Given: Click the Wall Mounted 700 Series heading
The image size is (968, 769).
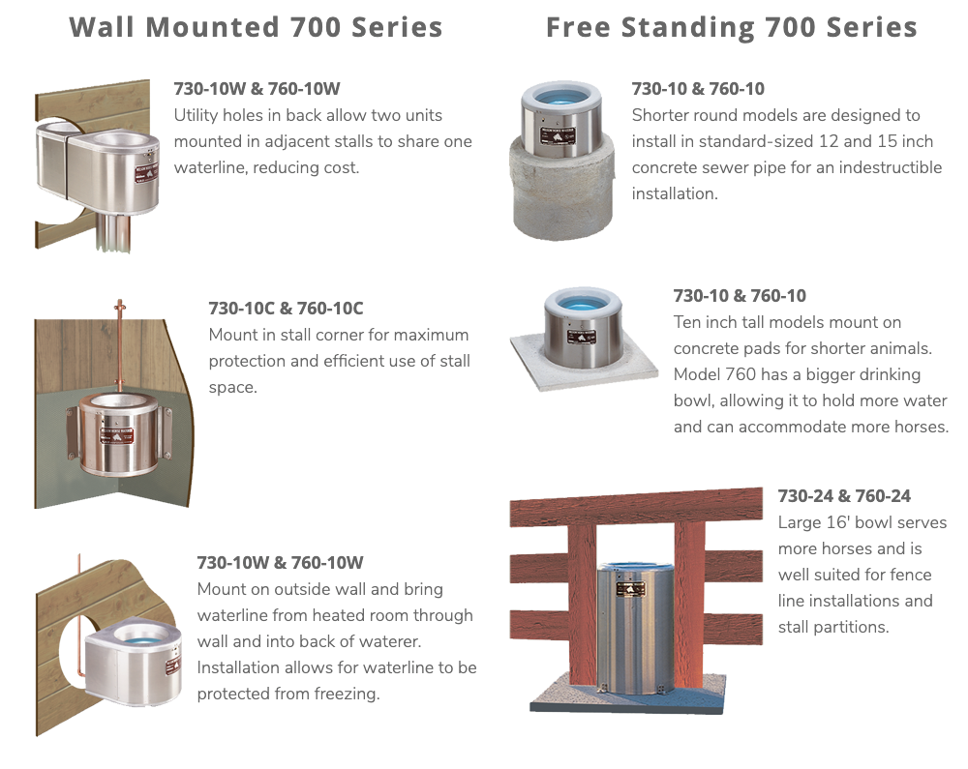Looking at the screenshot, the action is click(x=256, y=27).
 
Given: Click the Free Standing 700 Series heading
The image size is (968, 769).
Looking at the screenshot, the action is click(x=732, y=28).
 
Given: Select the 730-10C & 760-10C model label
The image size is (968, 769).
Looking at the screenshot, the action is click(x=286, y=308).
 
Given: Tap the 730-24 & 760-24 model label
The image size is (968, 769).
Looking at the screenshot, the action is click(x=844, y=496).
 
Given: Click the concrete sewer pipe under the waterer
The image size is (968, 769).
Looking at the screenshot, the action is click(x=561, y=197).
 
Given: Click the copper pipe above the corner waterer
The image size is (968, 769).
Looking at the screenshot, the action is click(x=119, y=345).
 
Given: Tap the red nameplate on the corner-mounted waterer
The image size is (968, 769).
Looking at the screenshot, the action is click(x=117, y=434).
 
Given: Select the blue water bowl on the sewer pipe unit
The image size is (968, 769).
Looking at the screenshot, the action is click(x=560, y=96).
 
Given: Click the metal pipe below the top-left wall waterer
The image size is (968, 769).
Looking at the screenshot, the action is click(x=113, y=231).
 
